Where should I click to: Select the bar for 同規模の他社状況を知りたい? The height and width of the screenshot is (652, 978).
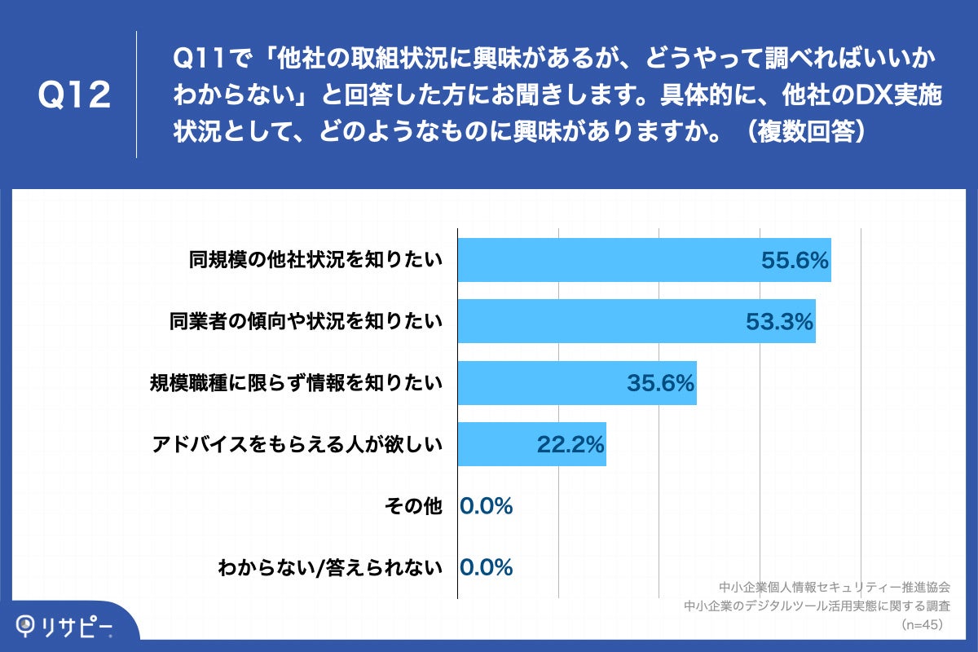[644, 260]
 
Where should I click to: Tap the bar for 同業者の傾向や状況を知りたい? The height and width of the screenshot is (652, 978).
[636, 321]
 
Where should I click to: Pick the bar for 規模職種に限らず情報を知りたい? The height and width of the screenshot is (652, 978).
[576, 383]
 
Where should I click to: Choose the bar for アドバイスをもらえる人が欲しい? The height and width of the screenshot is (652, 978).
[531, 445]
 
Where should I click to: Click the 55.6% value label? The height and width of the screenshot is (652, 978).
[795, 261]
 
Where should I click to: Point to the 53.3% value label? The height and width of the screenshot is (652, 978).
[780, 322]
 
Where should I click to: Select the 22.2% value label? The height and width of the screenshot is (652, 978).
[570, 445]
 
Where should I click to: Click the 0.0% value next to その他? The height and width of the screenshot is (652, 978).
[487, 507]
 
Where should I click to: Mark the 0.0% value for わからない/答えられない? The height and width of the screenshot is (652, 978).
[487, 568]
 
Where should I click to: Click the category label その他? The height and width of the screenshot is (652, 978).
[412, 507]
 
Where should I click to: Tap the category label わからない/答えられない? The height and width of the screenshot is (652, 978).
[329, 568]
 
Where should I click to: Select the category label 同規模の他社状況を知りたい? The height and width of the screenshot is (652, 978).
[315, 261]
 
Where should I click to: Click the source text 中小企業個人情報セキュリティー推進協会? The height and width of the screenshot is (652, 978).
[835, 587]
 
